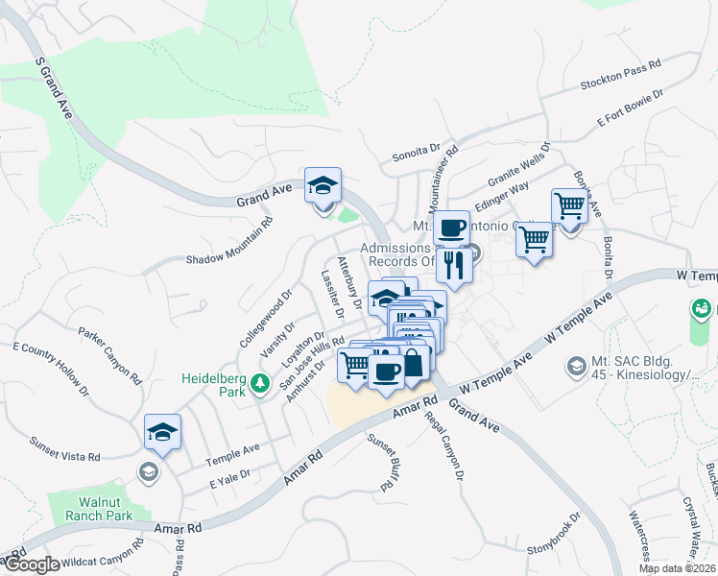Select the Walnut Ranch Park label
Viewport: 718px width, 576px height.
pyautogui.click(x=106, y=508)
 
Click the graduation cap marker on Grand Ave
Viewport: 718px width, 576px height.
pyautogui.click(x=323, y=186)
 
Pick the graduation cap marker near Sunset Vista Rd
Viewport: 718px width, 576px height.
pyautogui.click(x=162, y=433)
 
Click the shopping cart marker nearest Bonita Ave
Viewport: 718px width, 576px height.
pyautogui.click(x=569, y=205)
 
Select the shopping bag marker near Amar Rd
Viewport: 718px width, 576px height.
pyautogui.click(x=413, y=363)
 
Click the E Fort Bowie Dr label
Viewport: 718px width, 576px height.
pyautogui.click(x=631, y=108)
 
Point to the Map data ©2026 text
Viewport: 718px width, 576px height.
pyautogui.click(x=677, y=568)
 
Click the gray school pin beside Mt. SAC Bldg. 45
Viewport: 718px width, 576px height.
pyautogui.click(x=575, y=366)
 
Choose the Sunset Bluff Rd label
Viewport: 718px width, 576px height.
pyautogui.click(x=380, y=462)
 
